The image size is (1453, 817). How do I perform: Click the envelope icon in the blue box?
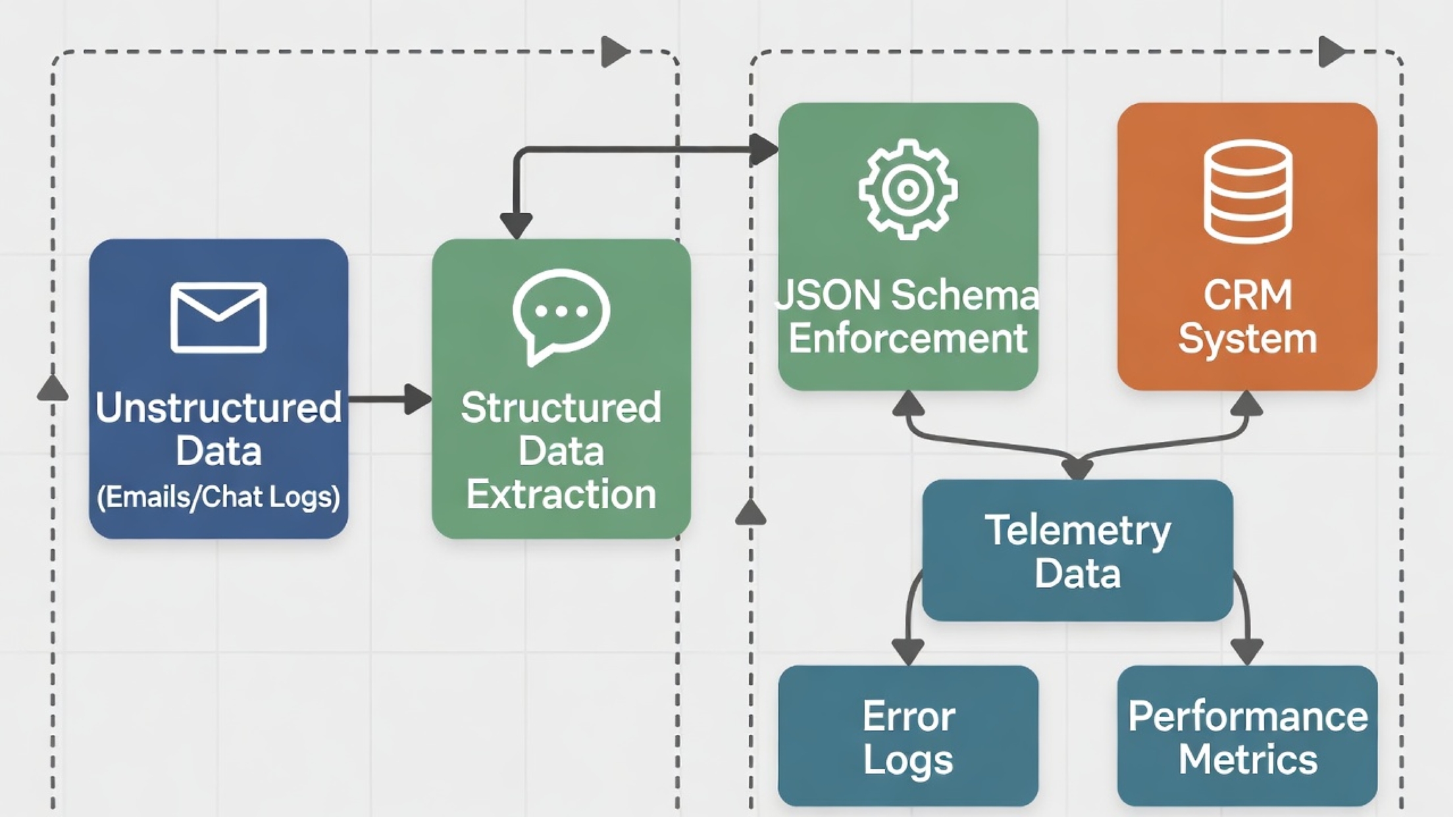point(218,317)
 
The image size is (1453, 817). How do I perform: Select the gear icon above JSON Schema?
point(907,189)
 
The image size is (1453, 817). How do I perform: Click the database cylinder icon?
point(1248,191)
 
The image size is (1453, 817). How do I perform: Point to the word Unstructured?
point(218,407)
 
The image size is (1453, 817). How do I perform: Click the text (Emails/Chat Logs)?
point(218,497)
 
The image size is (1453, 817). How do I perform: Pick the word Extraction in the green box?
point(561,494)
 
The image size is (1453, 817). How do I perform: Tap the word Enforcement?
point(907,338)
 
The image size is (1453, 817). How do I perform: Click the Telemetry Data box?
point(1077,551)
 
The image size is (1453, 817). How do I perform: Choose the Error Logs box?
point(907,736)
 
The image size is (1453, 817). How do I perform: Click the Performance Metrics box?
point(1248,736)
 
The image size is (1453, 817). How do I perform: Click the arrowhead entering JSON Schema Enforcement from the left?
point(764,149)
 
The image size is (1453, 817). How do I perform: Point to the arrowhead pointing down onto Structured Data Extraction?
point(517,226)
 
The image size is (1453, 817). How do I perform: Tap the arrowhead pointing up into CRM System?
point(1246,403)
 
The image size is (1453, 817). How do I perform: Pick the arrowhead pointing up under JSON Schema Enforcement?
point(908,403)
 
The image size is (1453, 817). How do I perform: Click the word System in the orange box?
point(1248,338)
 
